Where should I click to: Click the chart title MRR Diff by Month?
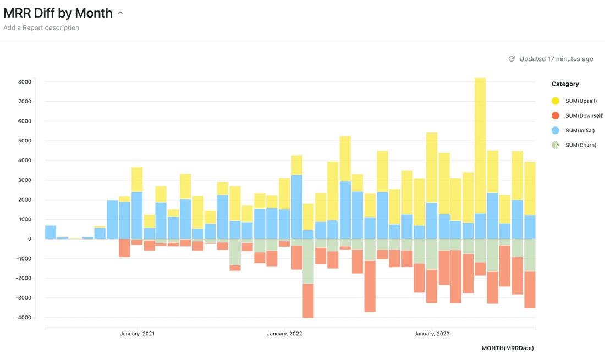coord(58,13)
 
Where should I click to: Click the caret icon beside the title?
coord(120,13)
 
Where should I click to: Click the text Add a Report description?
coord(41,28)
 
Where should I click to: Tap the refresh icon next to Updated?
coord(512,59)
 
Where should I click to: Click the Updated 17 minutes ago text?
coord(556,59)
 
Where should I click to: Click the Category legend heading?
coord(565,84)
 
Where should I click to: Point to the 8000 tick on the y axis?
coord(24,82)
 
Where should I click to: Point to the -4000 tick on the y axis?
coord(23,318)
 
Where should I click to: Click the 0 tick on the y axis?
coord(30,239)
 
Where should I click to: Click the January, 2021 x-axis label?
coord(137,334)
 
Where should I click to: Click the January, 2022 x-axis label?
coord(284,334)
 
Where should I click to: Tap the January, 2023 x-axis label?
coord(432,334)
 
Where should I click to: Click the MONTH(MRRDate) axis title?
coord(507,348)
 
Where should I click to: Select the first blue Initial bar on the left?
coord(51,232)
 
